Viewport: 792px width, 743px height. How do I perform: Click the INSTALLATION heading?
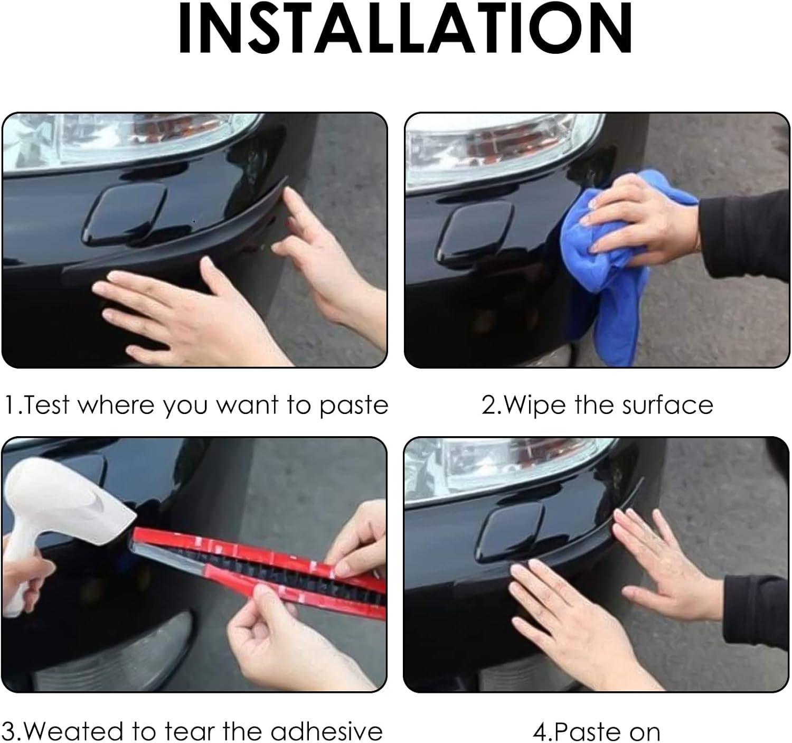[405, 29]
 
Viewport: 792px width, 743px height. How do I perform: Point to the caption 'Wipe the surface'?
[597, 406]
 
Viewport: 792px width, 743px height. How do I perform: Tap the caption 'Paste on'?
[597, 732]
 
